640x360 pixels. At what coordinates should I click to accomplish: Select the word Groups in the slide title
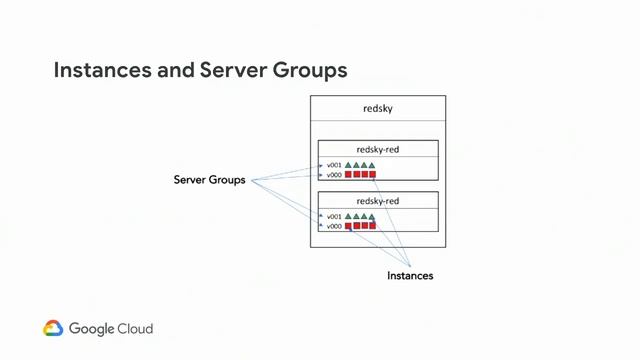pos(311,71)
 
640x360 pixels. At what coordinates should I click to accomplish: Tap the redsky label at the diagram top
pos(378,108)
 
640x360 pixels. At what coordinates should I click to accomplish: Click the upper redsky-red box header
pos(378,149)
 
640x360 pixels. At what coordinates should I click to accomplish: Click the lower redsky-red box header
pos(378,200)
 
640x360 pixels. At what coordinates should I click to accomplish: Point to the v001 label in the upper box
pos(334,165)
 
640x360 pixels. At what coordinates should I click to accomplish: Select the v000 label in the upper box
pos(334,175)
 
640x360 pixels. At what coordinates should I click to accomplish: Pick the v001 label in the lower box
pos(334,216)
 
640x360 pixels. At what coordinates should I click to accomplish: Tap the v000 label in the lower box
pos(334,226)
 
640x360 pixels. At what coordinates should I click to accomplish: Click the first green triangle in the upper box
pos(349,165)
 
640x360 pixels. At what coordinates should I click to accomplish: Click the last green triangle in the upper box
pos(372,165)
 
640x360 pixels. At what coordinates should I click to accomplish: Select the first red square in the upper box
pos(349,175)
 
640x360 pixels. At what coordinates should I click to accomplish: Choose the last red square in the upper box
pos(372,175)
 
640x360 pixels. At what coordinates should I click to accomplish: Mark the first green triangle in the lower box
pos(349,216)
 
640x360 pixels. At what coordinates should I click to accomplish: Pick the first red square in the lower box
pos(349,226)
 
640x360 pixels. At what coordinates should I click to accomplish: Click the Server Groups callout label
pos(209,181)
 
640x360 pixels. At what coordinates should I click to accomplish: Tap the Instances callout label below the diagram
pos(410,275)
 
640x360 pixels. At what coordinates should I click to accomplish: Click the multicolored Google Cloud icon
pos(53,328)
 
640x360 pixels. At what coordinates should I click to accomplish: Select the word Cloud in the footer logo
pos(135,328)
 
